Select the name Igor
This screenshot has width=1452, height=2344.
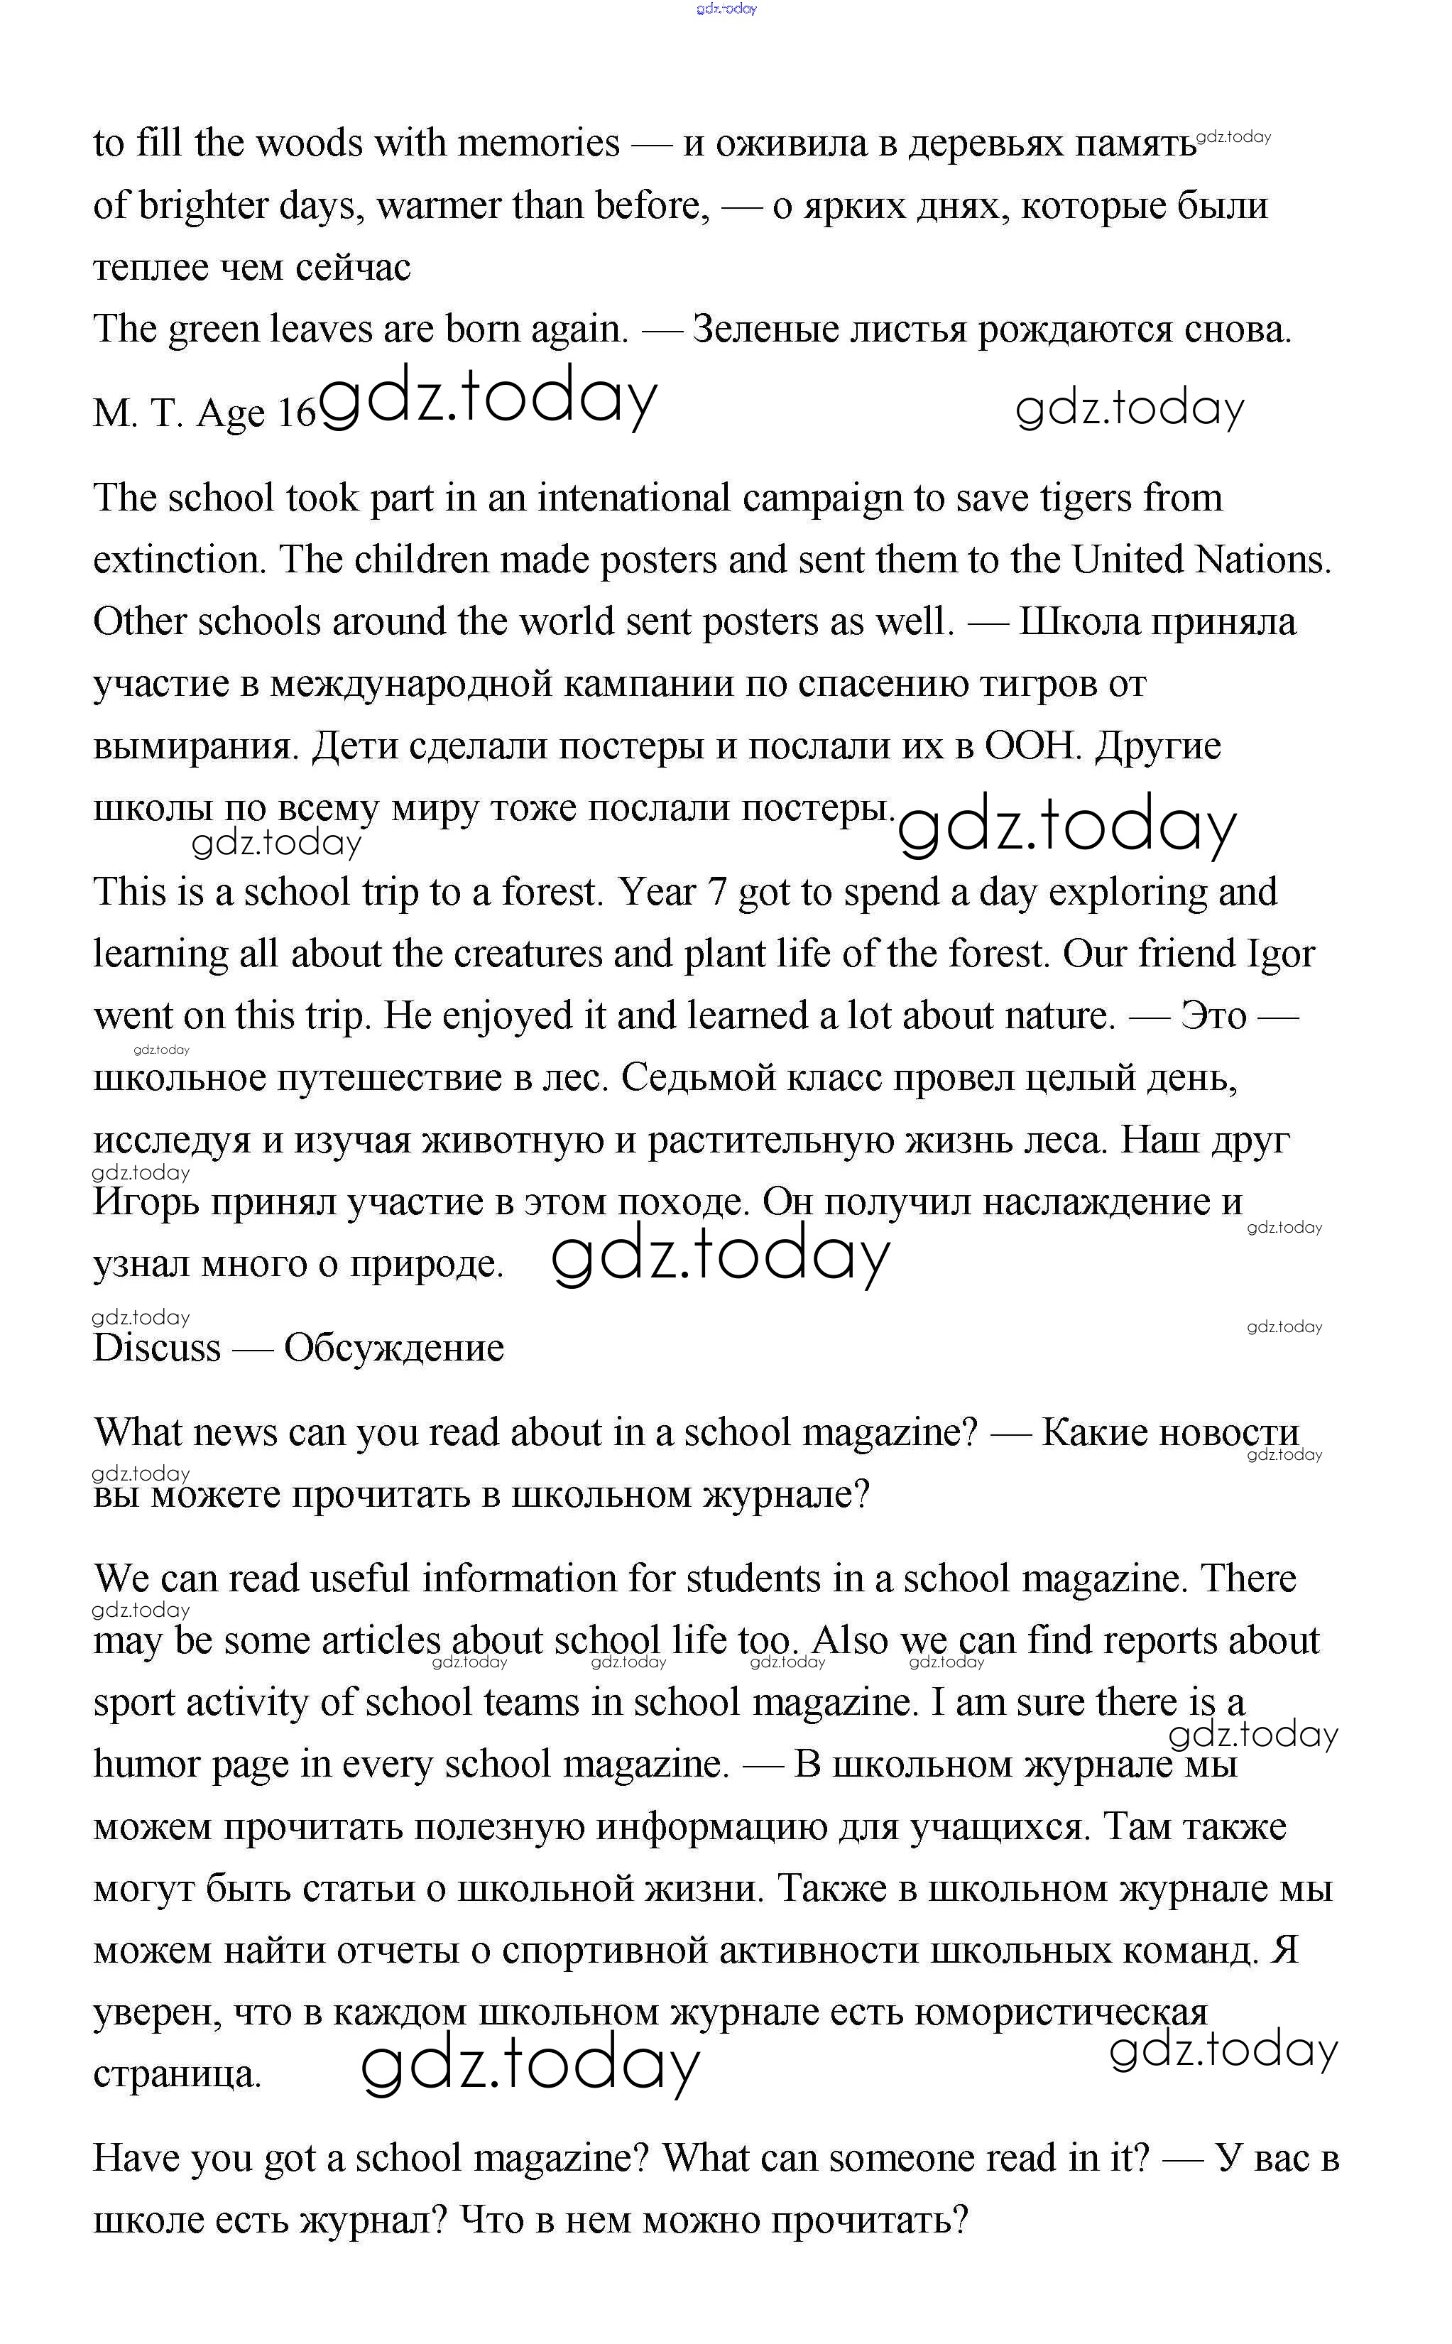[x=1280, y=954]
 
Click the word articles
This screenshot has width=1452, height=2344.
[x=381, y=1641]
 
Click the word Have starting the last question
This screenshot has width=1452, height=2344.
[x=134, y=2159]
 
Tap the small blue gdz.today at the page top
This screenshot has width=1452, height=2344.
[x=726, y=9]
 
